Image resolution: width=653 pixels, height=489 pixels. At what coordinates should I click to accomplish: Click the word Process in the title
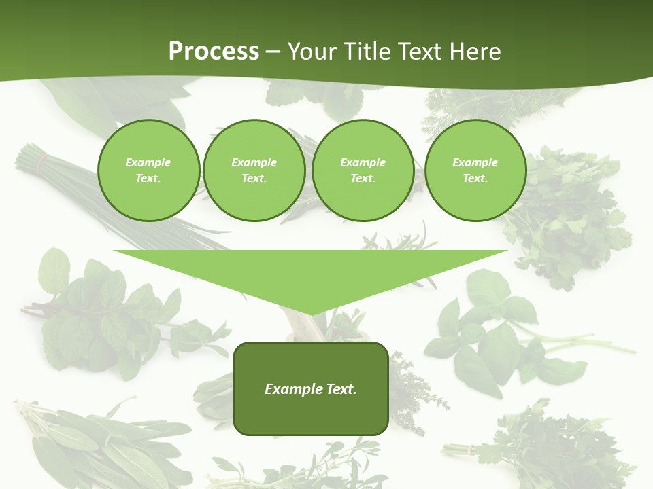[x=214, y=52]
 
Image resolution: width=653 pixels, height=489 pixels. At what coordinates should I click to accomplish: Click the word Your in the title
[x=312, y=52]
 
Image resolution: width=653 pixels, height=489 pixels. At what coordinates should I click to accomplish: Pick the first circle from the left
[x=148, y=170]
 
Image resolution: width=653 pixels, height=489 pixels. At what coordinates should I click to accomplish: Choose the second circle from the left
[x=254, y=170]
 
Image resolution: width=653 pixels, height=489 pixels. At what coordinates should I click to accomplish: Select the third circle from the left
[x=363, y=170]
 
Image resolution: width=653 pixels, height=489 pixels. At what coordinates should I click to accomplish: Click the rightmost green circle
[x=475, y=170]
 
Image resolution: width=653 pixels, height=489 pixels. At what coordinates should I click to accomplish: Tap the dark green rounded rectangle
[x=310, y=388]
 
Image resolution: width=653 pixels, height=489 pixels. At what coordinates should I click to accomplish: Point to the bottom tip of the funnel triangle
[x=310, y=314]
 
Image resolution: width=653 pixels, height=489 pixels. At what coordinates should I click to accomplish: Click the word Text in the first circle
[x=147, y=179]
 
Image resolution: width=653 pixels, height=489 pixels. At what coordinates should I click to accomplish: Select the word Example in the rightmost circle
[x=475, y=162]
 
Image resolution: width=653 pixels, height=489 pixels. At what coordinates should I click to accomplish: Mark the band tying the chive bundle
[x=42, y=162]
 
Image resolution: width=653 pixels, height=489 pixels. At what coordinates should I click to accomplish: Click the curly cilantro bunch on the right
[x=571, y=217]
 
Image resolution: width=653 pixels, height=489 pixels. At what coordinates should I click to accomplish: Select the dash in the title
[x=273, y=52]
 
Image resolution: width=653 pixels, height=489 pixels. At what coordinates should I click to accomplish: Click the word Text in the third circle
[x=362, y=179]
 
